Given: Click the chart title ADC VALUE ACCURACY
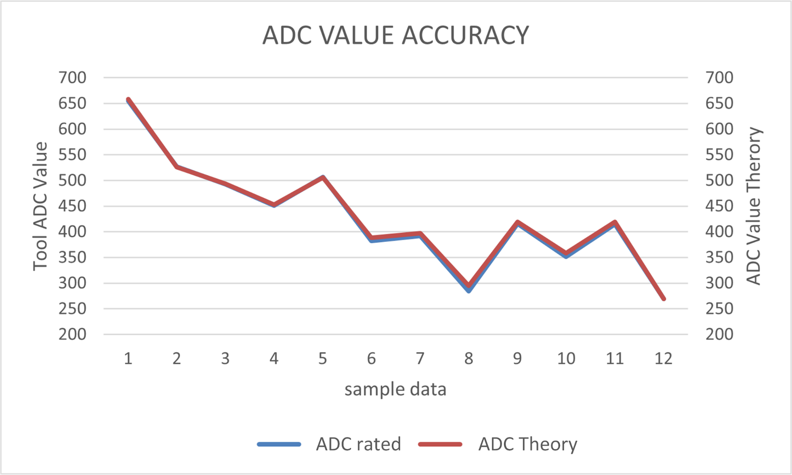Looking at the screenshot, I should click(x=395, y=35).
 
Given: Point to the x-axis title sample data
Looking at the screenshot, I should click(x=395, y=389).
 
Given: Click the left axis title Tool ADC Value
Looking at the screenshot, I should click(x=40, y=206).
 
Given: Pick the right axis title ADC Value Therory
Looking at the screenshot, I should click(x=753, y=206).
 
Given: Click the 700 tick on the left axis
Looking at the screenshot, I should click(x=72, y=78).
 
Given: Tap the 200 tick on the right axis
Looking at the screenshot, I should click(x=719, y=334).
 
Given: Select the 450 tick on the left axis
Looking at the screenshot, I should click(x=72, y=206).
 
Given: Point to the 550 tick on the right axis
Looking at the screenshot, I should click(x=719, y=155).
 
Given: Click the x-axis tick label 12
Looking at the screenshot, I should click(x=663, y=359).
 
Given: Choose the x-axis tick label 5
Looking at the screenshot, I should click(x=323, y=359).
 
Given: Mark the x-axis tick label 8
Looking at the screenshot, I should click(x=469, y=359).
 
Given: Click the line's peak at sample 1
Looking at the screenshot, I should click(x=128, y=100).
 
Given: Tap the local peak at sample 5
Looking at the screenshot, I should click(x=323, y=177).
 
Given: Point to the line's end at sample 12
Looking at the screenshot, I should click(x=664, y=299).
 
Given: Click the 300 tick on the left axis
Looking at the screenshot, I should click(x=72, y=283).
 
